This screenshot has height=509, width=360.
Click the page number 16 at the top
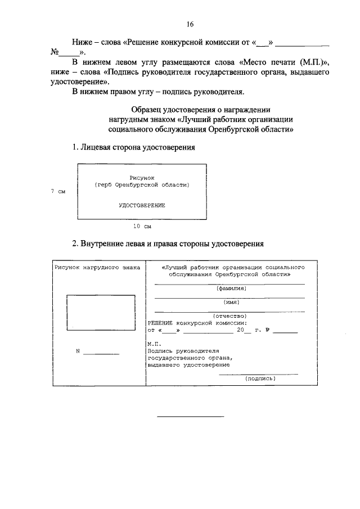tap(190, 25)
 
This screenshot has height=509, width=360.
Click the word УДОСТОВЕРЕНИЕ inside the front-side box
tap(142, 205)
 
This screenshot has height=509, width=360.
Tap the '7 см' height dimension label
tap(58, 191)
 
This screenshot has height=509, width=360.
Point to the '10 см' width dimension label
tap(142, 227)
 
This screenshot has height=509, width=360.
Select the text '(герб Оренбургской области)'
tap(142, 184)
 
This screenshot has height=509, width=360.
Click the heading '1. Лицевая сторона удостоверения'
tap(133, 147)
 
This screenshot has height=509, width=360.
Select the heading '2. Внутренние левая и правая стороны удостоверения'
tap(168, 244)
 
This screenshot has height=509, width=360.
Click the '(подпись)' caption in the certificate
tap(260, 379)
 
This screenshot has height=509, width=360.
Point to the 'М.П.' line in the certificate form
tap(154, 343)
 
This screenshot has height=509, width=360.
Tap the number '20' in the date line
tap(240, 331)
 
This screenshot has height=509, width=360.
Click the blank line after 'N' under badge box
tap(102, 353)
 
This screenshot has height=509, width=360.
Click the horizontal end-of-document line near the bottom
tap(190, 417)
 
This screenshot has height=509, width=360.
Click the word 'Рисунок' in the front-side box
tap(142, 177)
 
